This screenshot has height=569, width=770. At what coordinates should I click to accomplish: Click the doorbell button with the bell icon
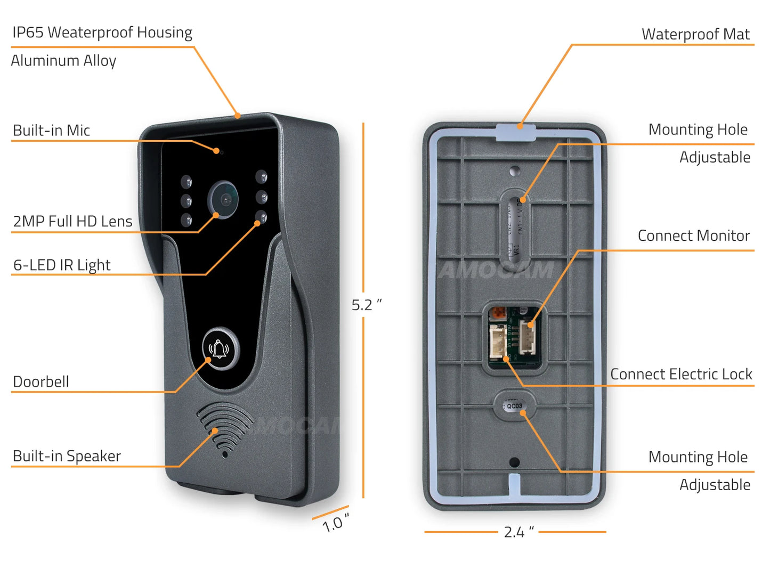pyautogui.click(x=221, y=349)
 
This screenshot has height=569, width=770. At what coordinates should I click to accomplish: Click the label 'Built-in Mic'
pyautogui.click(x=51, y=131)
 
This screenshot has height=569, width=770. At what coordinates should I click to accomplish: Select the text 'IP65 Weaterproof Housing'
pyautogui.click(x=102, y=32)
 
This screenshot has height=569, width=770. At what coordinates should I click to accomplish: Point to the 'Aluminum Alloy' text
pyautogui.click(x=63, y=61)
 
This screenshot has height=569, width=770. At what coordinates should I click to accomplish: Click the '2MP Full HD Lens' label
pyautogui.click(x=72, y=221)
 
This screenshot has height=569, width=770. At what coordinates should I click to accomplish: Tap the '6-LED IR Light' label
pyautogui.click(x=62, y=265)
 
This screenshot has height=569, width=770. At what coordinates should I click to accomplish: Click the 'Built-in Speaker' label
pyautogui.click(x=67, y=456)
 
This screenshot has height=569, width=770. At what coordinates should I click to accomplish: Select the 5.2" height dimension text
pyautogui.click(x=366, y=305)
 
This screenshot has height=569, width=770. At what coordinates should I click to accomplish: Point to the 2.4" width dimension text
pyautogui.click(x=518, y=532)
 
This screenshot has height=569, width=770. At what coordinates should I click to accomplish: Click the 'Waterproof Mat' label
pyautogui.click(x=695, y=34)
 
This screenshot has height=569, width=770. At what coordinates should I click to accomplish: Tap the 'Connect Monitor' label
pyautogui.click(x=693, y=235)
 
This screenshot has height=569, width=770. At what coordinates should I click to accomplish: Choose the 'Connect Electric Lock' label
pyautogui.click(x=681, y=374)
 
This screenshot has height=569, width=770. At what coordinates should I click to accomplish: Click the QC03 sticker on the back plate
pyautogui.click(x=514, y=405)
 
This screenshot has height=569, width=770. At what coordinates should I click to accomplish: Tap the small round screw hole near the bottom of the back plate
pyautogui.click(x=514, y=462)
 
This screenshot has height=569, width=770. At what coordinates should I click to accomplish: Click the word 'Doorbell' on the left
pyautogui.click(x=41, y=381)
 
